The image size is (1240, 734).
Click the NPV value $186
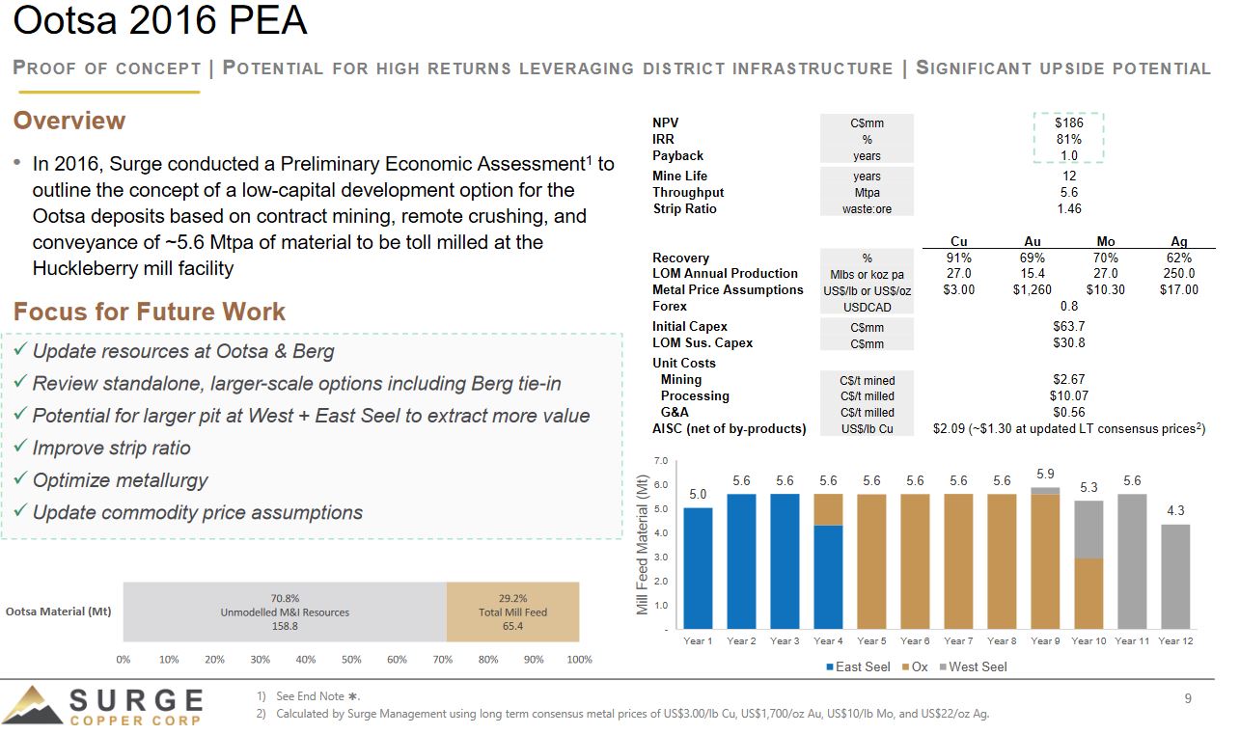(x=1068, y=122)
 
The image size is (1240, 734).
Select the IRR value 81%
(x=1068, y=139)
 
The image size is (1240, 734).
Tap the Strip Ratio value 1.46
(x=1068, y=208)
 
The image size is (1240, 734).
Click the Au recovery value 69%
(x=1032, y=258)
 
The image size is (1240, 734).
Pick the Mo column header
(x=1106, y=242)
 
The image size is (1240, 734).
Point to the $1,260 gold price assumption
(x=1032, y=289)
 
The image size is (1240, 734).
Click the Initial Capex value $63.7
(x=1068, y=326)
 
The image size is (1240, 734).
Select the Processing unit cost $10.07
(x=1068, y=395)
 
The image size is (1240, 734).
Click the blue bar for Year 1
(x=698, y=568)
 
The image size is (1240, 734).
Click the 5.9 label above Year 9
(x=1045, y=474)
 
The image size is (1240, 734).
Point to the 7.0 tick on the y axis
(x=661, y=461)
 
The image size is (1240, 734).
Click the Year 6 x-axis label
(x=914, y=640)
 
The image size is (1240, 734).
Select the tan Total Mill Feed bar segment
(x=512, y=612)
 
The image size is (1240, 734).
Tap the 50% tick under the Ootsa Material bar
(x=351, y=660)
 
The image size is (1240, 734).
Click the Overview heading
(x=69, y=121)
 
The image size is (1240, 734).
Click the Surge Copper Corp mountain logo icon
(x=33, y=705)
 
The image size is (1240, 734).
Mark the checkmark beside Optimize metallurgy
(x=20, y=479)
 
